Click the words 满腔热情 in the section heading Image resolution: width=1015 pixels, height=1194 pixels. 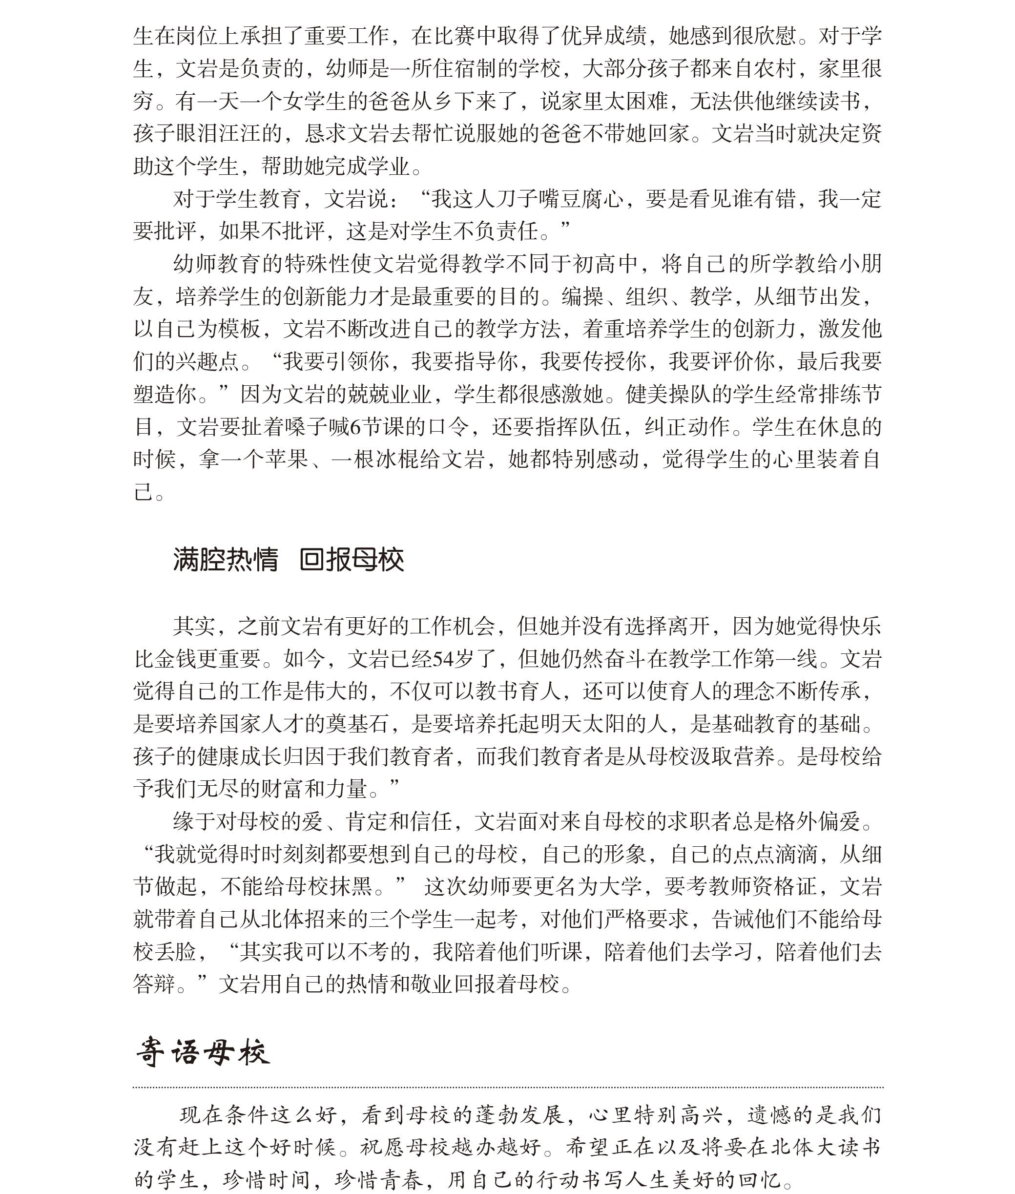225,559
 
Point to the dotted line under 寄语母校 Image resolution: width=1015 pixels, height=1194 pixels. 508,1088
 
